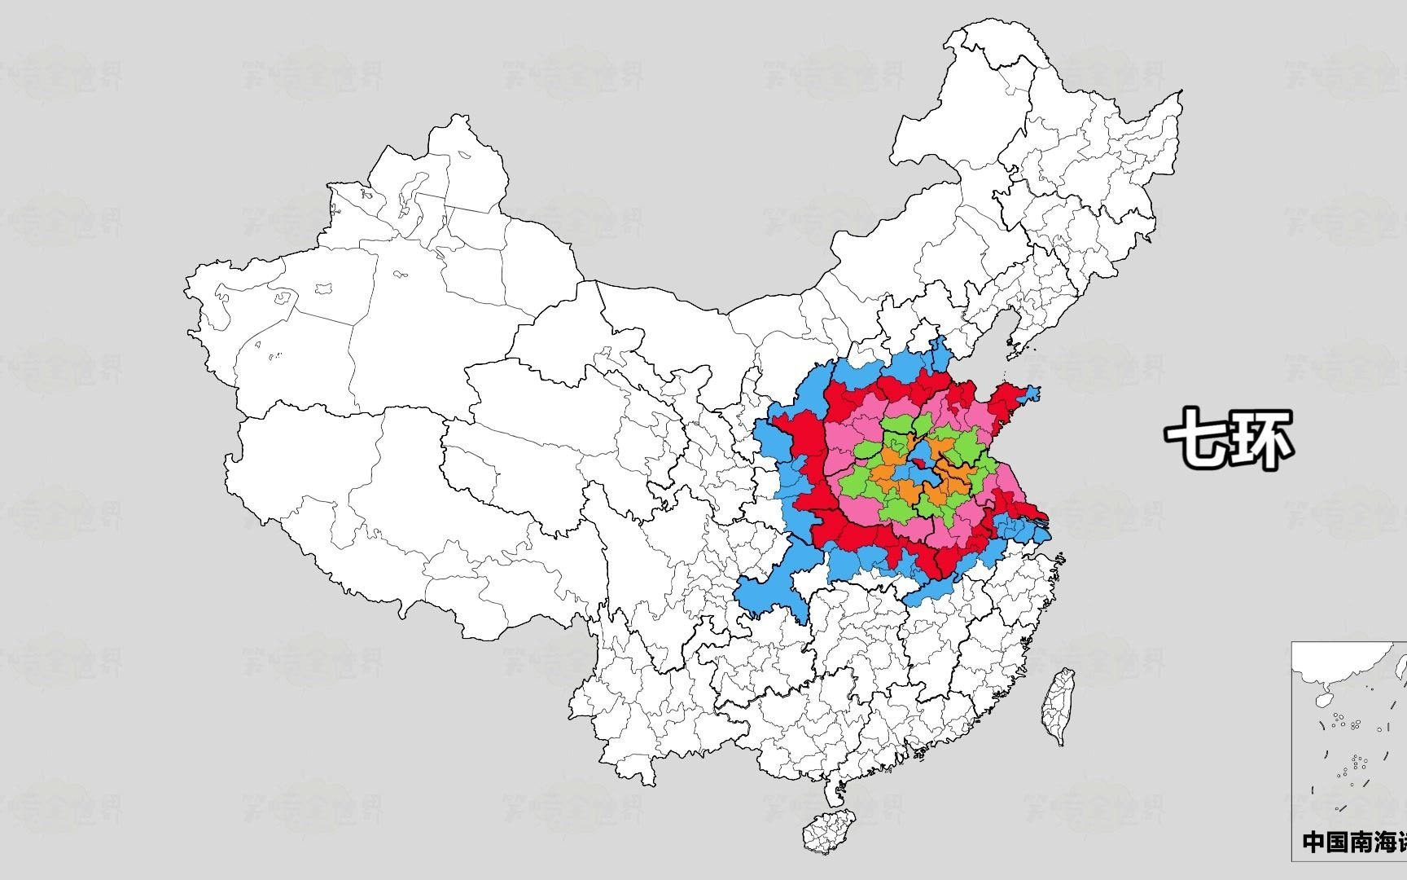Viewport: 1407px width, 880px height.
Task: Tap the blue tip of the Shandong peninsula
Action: [1030, 394]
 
